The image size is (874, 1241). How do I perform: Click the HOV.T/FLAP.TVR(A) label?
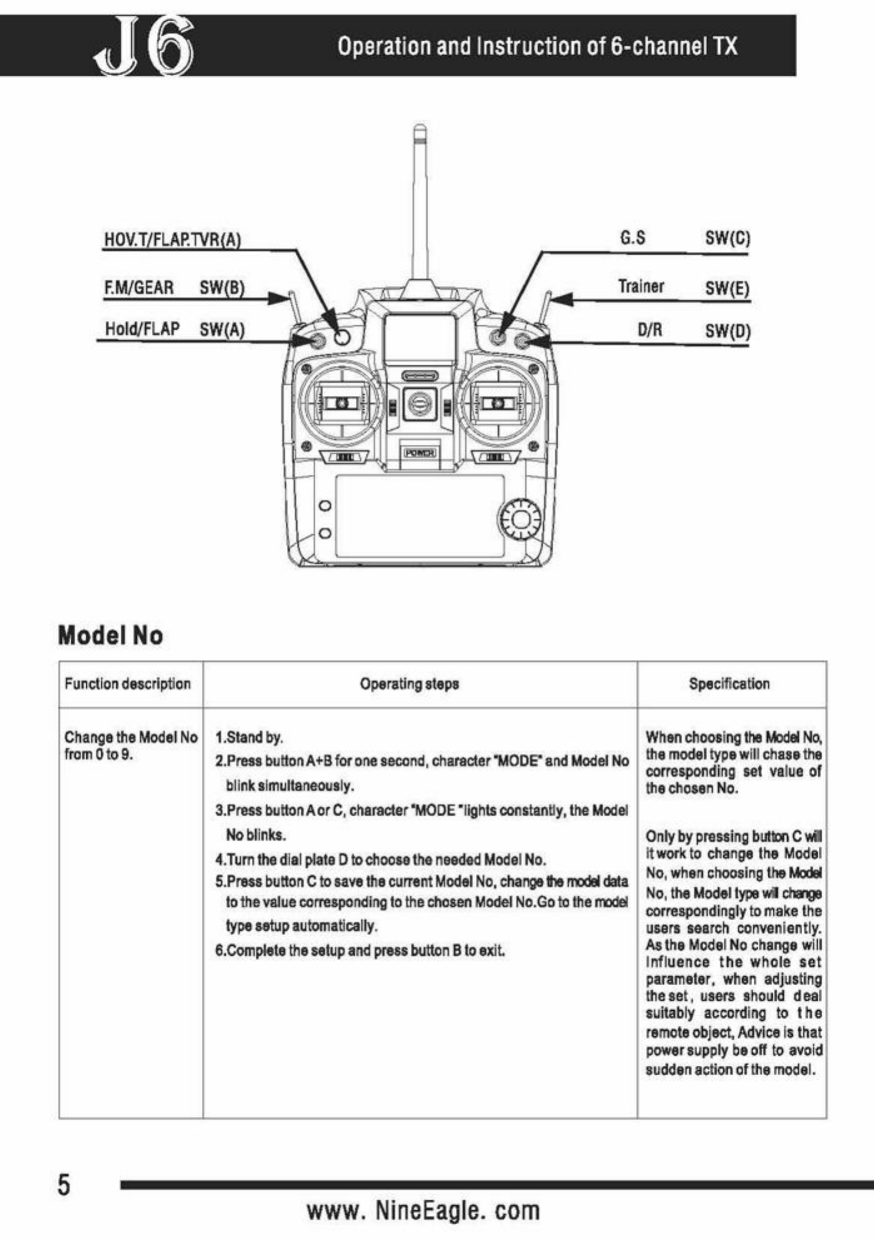172,240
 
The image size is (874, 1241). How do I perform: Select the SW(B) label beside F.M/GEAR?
222,288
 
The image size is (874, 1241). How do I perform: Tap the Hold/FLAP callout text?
142,329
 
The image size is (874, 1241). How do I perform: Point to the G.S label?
633,238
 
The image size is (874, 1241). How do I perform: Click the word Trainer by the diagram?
641,286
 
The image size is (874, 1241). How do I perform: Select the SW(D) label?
728,330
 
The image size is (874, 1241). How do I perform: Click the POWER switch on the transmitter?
419,453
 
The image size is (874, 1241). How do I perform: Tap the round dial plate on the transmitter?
519,519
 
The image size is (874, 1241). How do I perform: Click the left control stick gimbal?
341,403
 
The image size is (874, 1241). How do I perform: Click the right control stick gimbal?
498,403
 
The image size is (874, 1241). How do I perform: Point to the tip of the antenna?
420,129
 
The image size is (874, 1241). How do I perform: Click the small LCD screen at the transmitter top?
419,338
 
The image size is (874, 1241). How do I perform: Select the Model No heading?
111,636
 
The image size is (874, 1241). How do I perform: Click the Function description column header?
128,684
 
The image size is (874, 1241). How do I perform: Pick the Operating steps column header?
409,684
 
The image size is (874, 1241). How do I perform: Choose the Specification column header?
729,684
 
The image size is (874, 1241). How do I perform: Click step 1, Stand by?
249,737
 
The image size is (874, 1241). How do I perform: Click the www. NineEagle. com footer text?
423,1210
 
